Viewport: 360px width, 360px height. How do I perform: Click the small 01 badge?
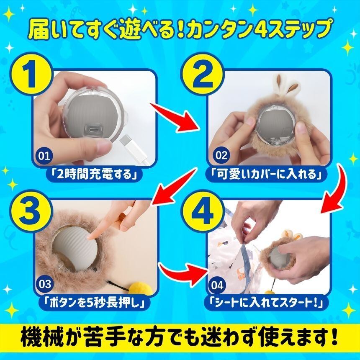pos(44,156)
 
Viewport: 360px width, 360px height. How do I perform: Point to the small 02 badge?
pos(221,155)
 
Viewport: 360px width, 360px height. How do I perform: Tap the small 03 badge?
pos(45,284)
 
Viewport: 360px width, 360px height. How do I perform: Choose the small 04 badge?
pos(217,285)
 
